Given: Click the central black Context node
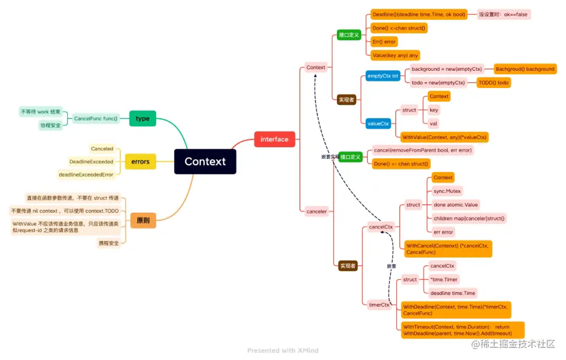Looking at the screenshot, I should click(205, 161).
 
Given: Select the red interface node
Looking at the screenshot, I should click(274, 139).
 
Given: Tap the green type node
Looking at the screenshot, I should click(143, 118).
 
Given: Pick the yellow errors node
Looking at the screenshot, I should click(140, 161).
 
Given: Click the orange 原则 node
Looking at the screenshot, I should click(143, 220).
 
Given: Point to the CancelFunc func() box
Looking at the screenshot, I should click(96, 118).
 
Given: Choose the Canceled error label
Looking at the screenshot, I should click(102, 149).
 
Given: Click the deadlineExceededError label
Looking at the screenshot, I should click(86, 174).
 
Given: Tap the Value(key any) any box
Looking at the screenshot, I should click(395, 55).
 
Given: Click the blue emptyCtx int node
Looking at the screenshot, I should click(383, 76).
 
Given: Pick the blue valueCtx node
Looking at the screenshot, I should click(378, 124).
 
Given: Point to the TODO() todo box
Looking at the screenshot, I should click(494, 83).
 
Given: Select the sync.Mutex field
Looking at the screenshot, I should click(447, 191).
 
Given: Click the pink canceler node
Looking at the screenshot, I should click(316, 211).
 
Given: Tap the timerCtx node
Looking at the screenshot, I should click(379, 304).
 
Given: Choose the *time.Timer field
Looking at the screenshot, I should click(443, 279).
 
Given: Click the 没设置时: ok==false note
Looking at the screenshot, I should click(503, 15).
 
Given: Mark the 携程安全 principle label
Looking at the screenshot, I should click(109, 243).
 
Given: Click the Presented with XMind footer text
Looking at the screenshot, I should click(282, 350).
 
